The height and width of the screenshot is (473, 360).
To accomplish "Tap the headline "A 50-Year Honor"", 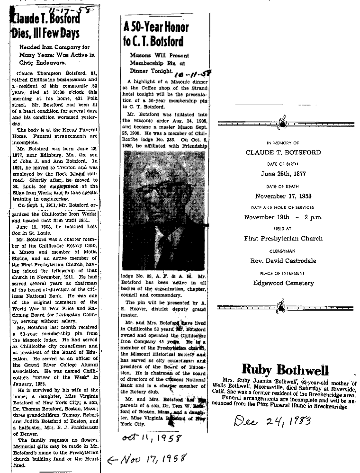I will point(155,27).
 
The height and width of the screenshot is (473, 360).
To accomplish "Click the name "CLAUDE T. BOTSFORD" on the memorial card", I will point(283,152).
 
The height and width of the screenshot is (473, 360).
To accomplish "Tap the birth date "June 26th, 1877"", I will point(283,173).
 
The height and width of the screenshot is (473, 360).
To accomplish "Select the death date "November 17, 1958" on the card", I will point(283,196).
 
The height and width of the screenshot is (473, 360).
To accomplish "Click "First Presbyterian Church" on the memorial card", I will point(283,239).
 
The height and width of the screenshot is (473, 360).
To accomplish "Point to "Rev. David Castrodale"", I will point(283,261).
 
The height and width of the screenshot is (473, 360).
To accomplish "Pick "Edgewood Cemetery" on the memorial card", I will point(283,283).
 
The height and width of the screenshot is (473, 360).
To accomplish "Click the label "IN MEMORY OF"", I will point(283,143).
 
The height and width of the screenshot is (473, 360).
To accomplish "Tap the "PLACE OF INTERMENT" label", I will point(283,273).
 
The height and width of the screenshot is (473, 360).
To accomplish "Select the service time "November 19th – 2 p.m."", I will point(283,217).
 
